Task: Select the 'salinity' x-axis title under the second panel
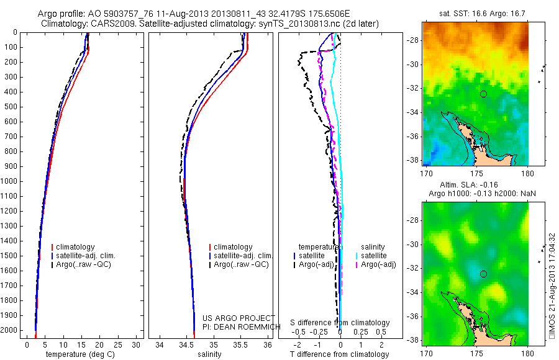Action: (209, 354)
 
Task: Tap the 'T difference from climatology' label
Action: (340, 354)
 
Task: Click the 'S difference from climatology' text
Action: (340, 323)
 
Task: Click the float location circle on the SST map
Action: (484, 94)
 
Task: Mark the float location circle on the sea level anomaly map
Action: (484, 274)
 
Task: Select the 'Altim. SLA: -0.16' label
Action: (475, 185)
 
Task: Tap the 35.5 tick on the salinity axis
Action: (241, 344)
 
